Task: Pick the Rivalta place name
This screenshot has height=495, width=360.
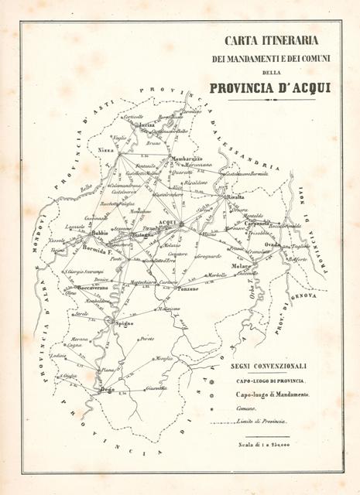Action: pyautogui.click(x=236, y=198)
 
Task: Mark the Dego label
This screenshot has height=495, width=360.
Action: pyautogui.click(x=108, y=390)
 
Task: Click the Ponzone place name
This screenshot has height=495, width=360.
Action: pyautogui.click(x=190, y=288)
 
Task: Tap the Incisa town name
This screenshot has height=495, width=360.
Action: pyautogui.click(x=146, y=124)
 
